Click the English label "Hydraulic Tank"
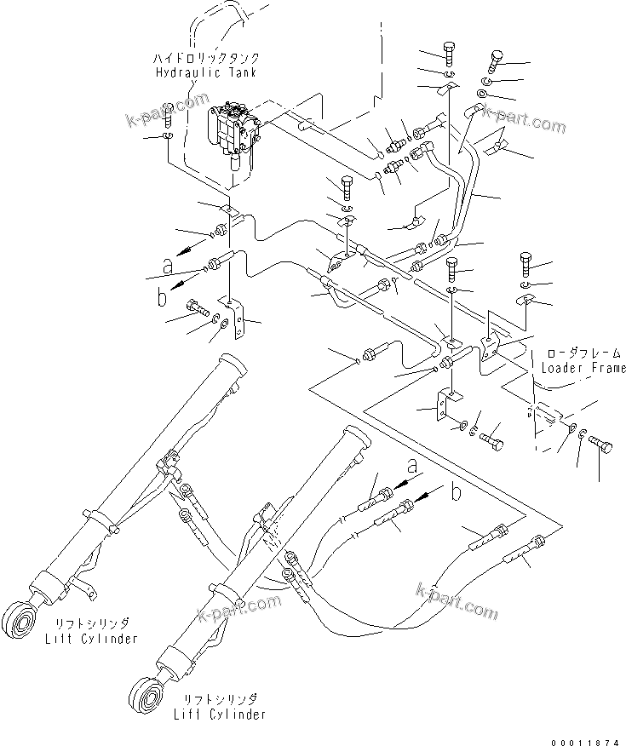(205, 73)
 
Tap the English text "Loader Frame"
(583, 368)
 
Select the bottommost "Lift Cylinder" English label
(214, 714)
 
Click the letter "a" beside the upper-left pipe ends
(167, 267)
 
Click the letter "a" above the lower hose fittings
(412, 467)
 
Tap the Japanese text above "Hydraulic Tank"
(205, 60)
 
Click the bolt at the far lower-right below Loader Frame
(602, 445)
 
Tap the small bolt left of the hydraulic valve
(167, 111)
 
